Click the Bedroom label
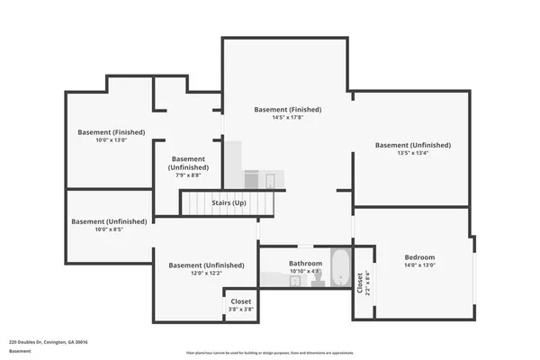coord(418,256)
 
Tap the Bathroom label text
coord(305,264)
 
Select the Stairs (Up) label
coord(229,203)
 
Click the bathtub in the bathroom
coord(339,269)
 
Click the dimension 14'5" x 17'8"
coord(288,118)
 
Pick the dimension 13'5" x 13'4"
coord(413,153)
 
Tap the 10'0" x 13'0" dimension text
coord(112,139)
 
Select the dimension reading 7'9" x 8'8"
coord(189,175)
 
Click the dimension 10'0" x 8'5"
coord(109,229)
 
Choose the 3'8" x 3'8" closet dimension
coord(240,309)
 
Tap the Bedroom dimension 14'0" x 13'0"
coord(418,265)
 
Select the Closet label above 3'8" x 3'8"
coord(240,301)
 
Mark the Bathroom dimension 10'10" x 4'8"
coord(305,271)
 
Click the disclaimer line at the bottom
coord(269,354)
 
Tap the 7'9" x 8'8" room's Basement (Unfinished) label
coord(189,163)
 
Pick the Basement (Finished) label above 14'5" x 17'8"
coord(288,110)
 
